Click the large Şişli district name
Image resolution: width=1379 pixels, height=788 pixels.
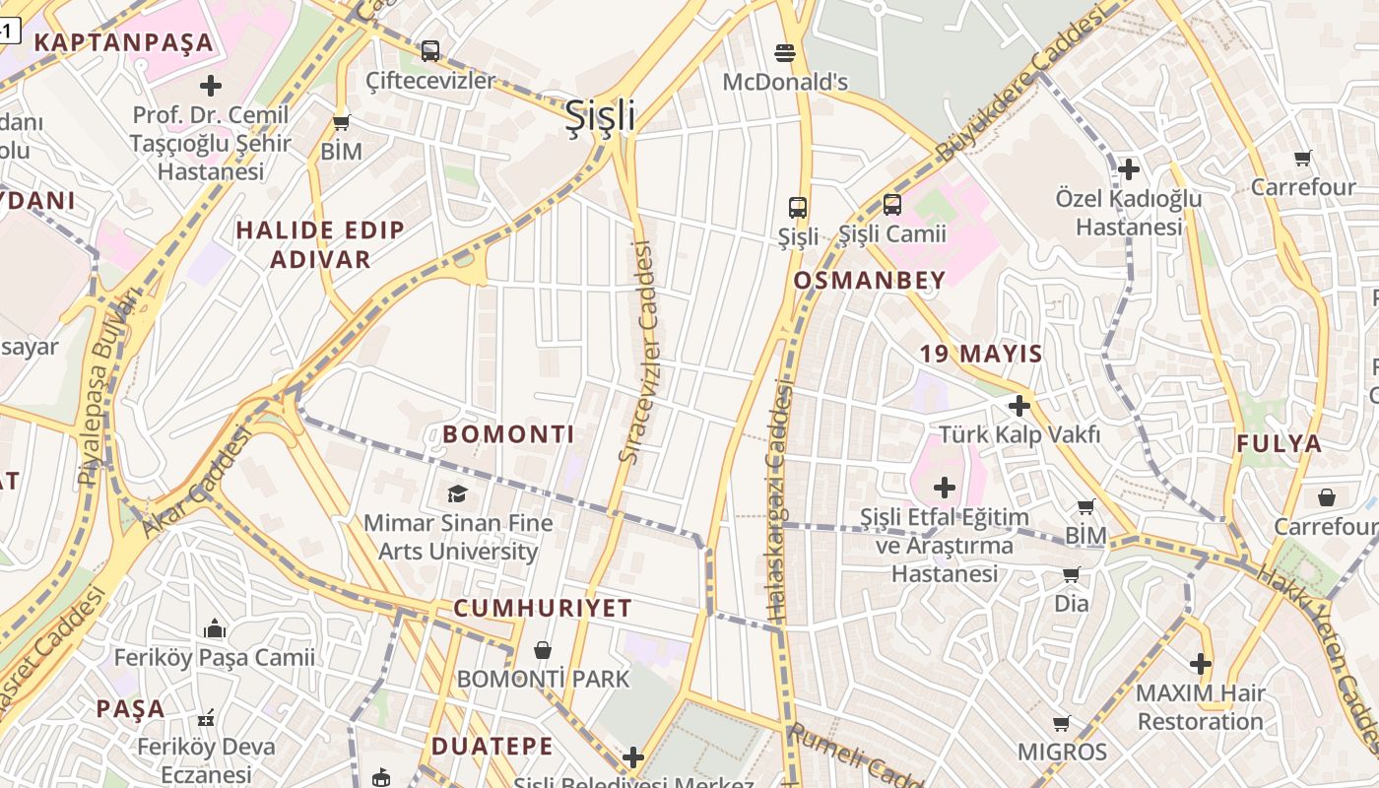coord(600,116)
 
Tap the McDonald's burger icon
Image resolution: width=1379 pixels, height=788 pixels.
coord(785,52)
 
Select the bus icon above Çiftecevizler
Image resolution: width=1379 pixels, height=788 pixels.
coord(429,50)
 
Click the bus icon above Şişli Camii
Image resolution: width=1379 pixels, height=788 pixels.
coord(891,205)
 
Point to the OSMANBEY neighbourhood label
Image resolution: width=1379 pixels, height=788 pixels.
coord(869,281)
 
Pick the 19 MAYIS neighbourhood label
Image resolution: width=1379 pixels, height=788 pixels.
coord(981,354)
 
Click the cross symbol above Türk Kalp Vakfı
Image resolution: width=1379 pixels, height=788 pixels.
coord(1019,405)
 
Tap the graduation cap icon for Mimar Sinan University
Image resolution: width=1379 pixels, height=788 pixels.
coord(457,493)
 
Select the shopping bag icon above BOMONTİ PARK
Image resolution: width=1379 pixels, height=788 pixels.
coord(542,650)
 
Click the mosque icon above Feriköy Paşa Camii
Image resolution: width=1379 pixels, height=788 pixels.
coord(214,628)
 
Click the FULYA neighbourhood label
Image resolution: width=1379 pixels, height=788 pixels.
coord(1280,443)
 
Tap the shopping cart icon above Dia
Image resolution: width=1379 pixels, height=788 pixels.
coord(1071,574)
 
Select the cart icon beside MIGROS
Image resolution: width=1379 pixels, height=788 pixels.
coord(1061,724)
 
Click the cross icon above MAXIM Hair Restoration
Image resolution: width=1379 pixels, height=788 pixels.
coord(1200,664)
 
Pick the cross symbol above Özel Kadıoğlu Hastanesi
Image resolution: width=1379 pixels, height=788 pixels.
coord(1128,169)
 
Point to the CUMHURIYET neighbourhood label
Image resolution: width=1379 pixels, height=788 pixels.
coord(542,608)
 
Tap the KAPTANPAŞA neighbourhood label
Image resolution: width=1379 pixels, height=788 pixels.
coord(123,42)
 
